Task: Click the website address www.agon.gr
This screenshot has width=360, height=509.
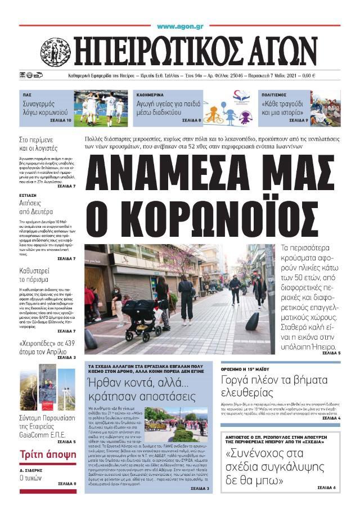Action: click(x=179, y=26)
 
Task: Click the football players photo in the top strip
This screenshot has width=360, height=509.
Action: click(x=102, y=108)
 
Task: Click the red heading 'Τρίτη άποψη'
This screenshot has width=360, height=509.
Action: click(x=40, y=454)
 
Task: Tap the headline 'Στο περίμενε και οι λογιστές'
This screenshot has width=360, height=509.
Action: click(x=38, y=145)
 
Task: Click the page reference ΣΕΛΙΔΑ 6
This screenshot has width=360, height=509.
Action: click(x=327, y=487)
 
